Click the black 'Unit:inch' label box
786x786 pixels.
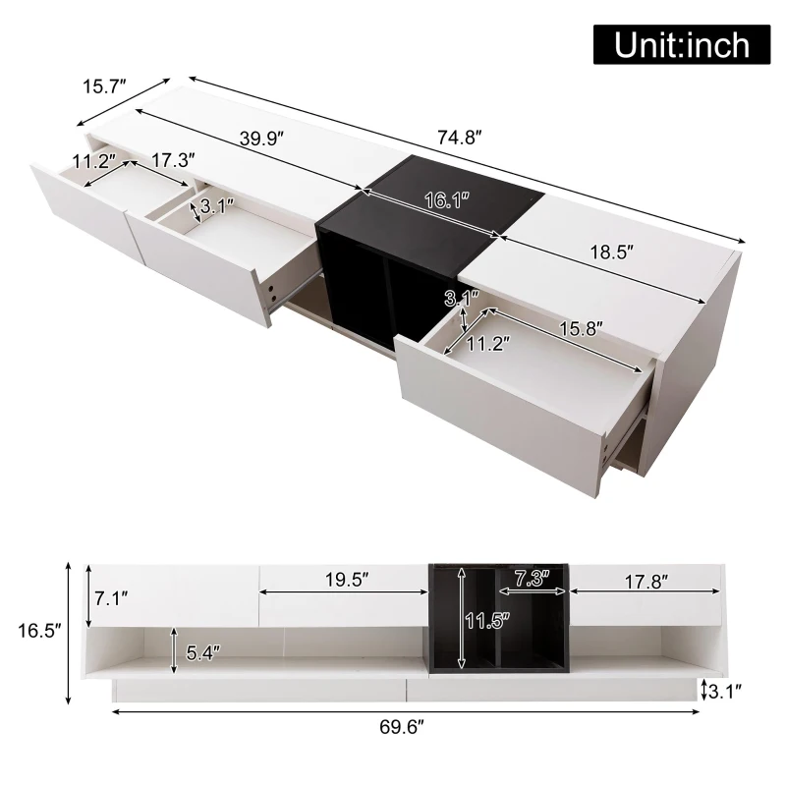click(681, 44)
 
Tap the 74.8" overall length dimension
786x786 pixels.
click(460, 137)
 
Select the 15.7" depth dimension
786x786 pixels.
click(103, 86)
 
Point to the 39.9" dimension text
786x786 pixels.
click(261, 139)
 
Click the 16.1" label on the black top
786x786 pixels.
click(447, 200)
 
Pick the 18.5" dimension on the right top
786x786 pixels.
click(611, 252)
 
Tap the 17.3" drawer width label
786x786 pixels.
click(173, 160)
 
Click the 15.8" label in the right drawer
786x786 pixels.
click(581, 329)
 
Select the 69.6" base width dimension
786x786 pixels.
click(402, 726)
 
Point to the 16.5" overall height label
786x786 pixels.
click(39, 631)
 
